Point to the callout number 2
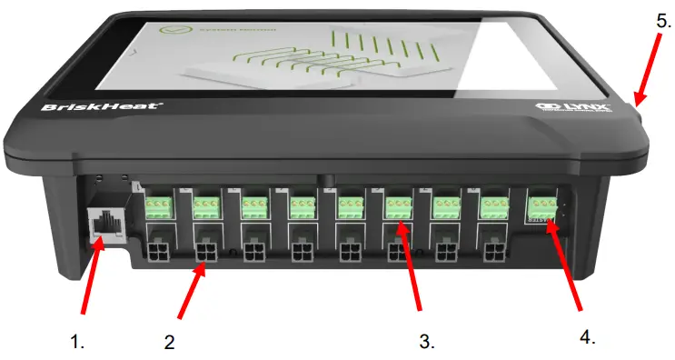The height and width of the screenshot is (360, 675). [169, 342]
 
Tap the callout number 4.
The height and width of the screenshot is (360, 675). [587, 335]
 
